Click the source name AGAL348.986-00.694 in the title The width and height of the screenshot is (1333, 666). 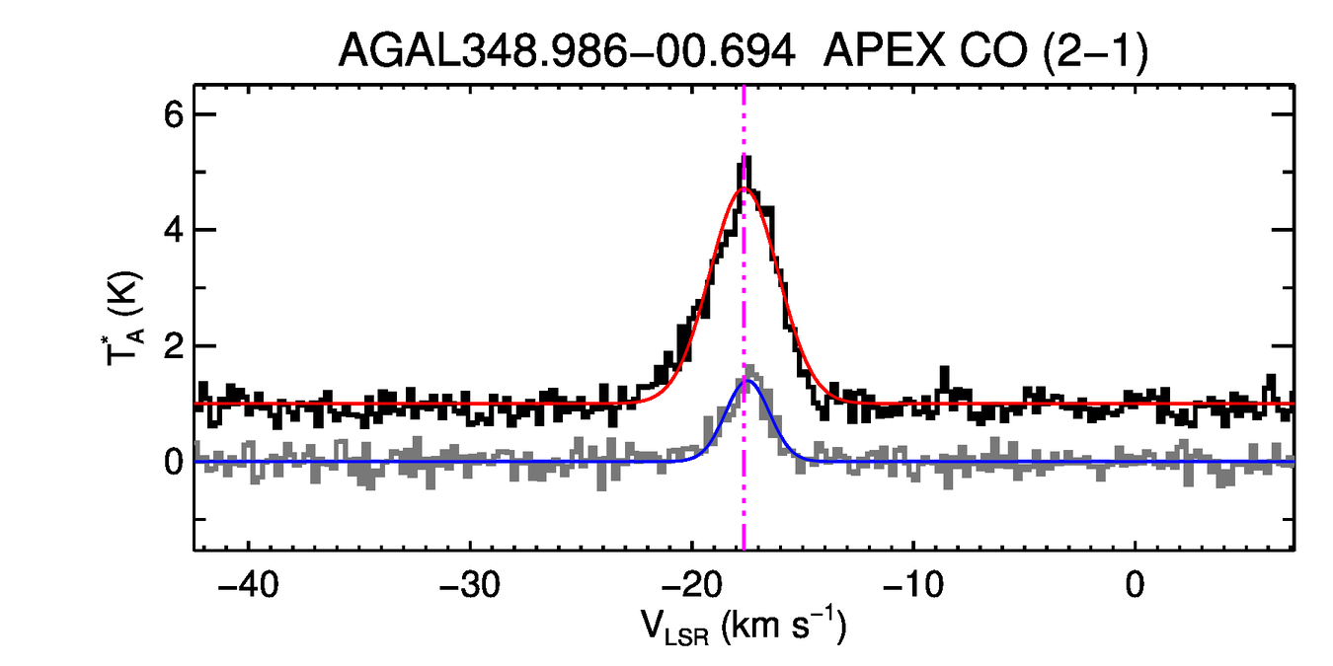(x=567, y=50)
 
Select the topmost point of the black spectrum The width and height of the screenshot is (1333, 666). (x=745, y=158)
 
